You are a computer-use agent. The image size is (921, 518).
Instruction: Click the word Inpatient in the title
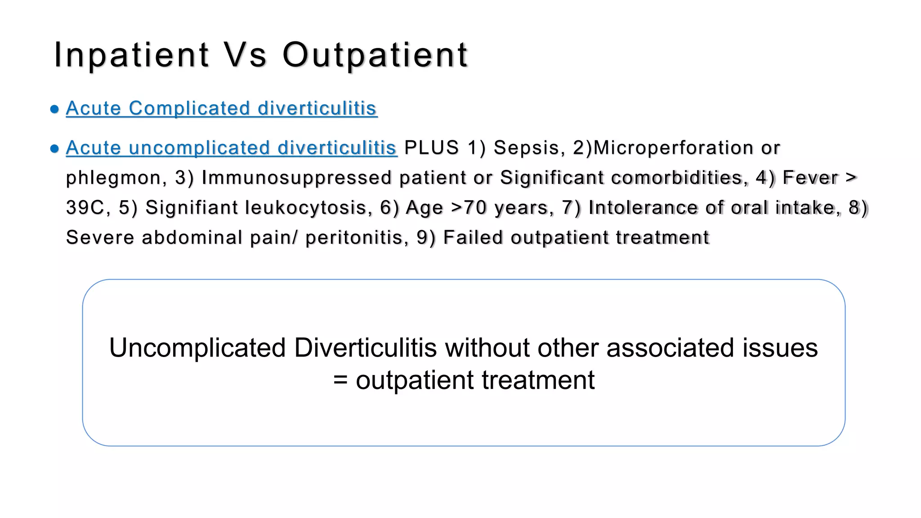click(x=131, y=55)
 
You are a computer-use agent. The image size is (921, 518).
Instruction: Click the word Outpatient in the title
click(x=375, y=55)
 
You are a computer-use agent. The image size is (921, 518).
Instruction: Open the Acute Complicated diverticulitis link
click(x=221, y=108)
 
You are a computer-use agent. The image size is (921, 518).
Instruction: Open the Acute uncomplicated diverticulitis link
click(x=231, y=148)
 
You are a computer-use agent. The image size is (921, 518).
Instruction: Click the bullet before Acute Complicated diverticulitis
click(x=55, y=109)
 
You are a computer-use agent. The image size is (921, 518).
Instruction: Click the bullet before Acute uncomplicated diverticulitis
click(x=55, y=149)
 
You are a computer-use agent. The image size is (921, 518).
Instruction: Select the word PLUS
click(x=431, y=148)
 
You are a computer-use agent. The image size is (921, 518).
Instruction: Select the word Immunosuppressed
click(x=296, y=178)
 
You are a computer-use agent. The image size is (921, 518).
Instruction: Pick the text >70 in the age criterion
click(x=469, y=208)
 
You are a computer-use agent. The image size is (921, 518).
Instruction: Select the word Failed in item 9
click(x=473, y=238)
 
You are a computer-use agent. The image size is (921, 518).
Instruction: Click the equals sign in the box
click(x=340, y=380)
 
